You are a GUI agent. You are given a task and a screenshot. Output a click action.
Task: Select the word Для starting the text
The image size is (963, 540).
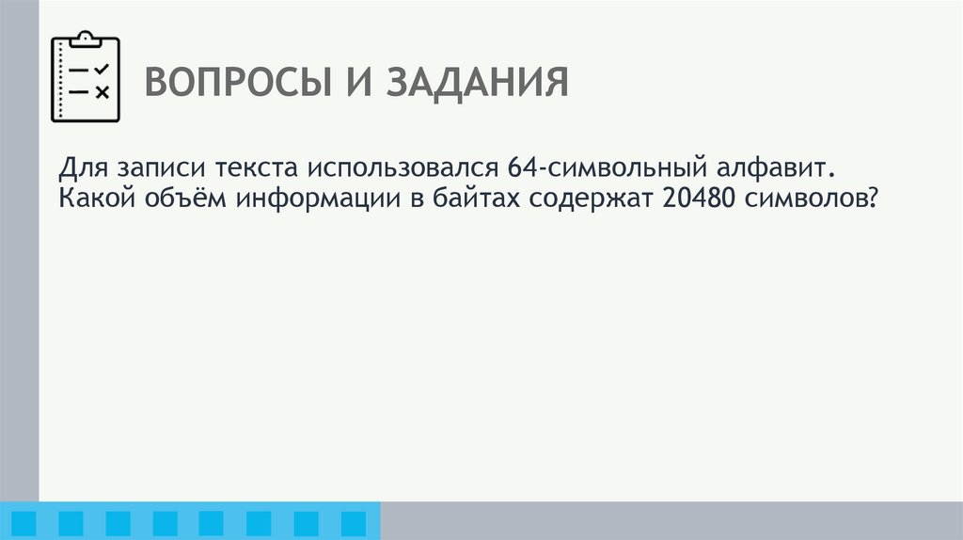[82, 169]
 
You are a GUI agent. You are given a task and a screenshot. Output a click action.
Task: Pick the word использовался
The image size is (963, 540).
[402, 170]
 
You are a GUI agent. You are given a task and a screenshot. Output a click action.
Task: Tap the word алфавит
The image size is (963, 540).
[785, 170]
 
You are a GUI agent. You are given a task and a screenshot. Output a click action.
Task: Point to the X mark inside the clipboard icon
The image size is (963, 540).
[103, 91]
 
